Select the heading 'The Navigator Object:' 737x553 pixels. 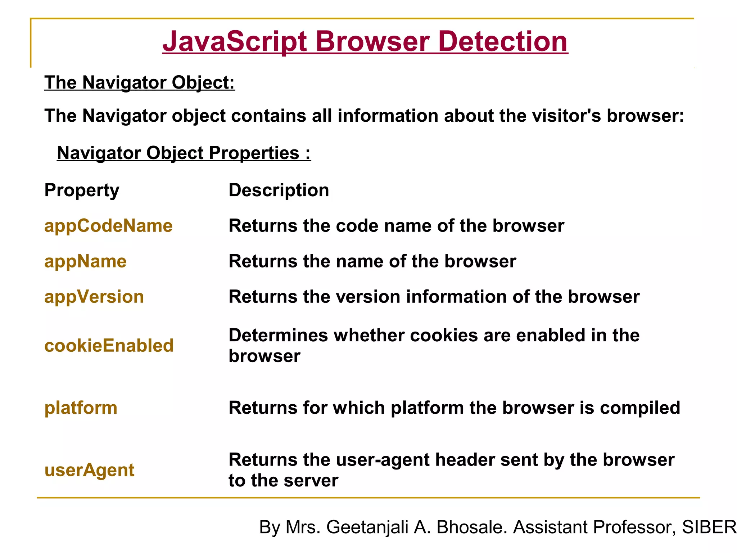[x=140, y=82]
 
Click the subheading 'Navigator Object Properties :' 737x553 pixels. [x=184, y=153]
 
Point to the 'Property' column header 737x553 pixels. [x=82, y=190]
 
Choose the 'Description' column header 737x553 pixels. [x=279, y=190]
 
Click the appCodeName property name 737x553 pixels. [x=108, y=226]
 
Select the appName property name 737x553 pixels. [x=85, y=261]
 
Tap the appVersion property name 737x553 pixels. [x=94, y=297]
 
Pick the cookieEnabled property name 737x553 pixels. [x=109, y=346]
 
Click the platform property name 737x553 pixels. [x=81, y=408]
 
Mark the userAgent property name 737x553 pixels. [x=89, y=470]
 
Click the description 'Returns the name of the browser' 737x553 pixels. [x=372, y=261]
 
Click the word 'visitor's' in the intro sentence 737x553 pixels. [x=566, y=116]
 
